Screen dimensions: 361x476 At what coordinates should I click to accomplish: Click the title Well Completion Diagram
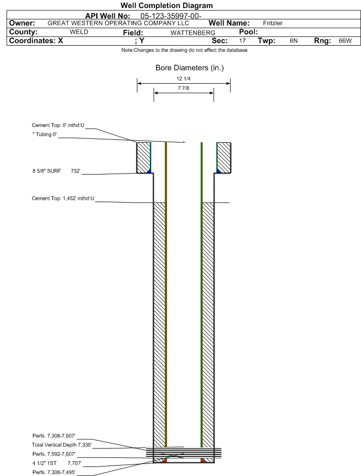pyautogui.click(x=166, y=5)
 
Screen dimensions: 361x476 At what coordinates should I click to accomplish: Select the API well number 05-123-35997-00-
pyautogui.click(x=171, y=16)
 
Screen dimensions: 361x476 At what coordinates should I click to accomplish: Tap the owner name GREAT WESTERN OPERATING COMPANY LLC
pyautogui.click(x=118, y=23)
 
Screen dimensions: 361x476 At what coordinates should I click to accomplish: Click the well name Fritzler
pyautogui.click(x=273, y=23)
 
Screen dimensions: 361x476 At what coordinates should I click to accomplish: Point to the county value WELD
pyautogui.click(x=79, y=32)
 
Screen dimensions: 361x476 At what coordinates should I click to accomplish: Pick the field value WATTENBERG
pyautogui.click(x=193, y=33)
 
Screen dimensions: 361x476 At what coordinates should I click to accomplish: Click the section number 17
pyautogui.click(x=242, y=41)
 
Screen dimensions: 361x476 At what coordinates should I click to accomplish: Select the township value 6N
pyautogui.click(x=293, y=41)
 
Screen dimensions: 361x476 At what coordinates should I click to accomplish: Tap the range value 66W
pyautogui.click(x=345, y=41)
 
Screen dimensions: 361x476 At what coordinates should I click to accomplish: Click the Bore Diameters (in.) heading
pyautogui.click(x=189, y=68)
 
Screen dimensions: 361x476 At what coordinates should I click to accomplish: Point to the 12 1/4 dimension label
pyautogui.click(x=184, y=78)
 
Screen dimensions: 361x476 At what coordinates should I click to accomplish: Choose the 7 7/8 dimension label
pyautogui.click(x=184, y=88)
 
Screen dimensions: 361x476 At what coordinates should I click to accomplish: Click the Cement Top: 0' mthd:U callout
pyautogui.click(x=58, y=125)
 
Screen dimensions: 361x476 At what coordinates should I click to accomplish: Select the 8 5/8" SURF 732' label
pyautogui.click(x=57, y=171)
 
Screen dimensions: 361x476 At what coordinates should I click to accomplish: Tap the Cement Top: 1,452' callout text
pyautogui.click(x=63, y=198)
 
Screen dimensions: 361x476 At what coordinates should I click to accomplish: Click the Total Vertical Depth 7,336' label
pyautogui.click(x=62, y=445)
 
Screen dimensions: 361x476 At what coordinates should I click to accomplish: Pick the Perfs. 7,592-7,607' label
pyautogui.click(x=54, y=454)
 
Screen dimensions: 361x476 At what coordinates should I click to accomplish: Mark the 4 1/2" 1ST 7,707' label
pyautogui.click(x=57, y=463)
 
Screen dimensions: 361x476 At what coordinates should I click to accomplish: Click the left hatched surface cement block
pyautogui.click(x=144, y=157)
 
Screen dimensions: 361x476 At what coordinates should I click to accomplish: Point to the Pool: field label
pyautogui.click(x=248, y=32)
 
